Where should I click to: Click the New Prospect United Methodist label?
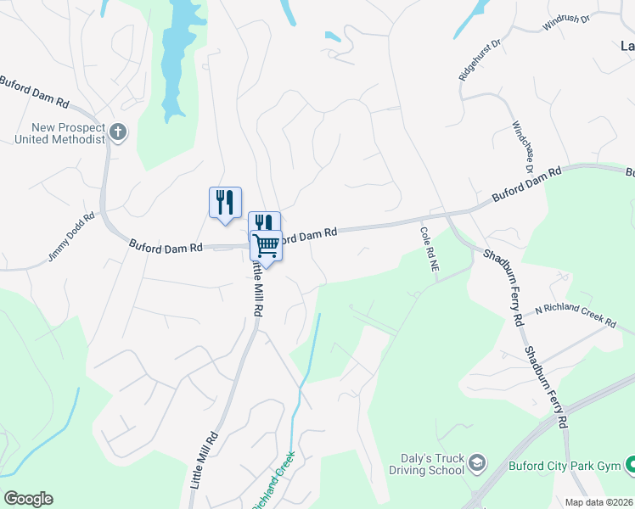(x=59, y=133)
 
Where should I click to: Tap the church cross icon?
(x=117, y=132)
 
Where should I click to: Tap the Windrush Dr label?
(x=565, y=23)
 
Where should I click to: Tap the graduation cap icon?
(x=477, y=463)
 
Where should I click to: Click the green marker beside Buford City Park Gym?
(x=630, y=464)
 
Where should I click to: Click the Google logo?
(x=28, y=499)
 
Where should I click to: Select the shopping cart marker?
(x=267, y=245)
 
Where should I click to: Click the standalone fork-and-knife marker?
(x=225, y=203)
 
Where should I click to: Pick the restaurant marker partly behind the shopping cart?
(x=264, y=222)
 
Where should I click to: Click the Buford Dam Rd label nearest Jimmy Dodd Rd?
(x=166, y=247)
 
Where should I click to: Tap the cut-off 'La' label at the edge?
(x=627, y=46)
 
